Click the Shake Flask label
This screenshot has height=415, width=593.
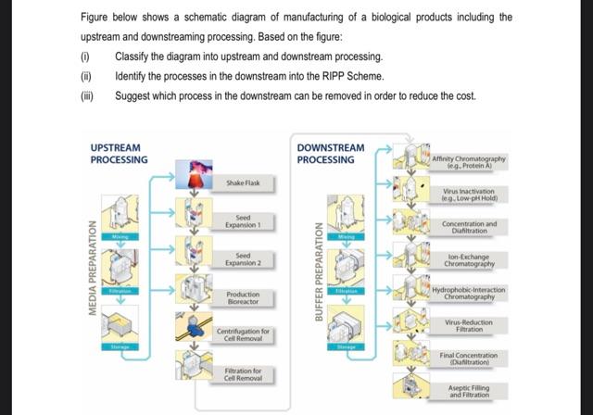coord(244,183)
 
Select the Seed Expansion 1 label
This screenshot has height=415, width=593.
coord(244,221)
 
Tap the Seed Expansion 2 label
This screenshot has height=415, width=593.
coord(244,258)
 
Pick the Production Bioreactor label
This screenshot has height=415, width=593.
coord(244,297)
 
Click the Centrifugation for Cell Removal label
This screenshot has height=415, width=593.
coord(244,334)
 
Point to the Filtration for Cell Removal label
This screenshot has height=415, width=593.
coord(244,375)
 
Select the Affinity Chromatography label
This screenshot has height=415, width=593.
coord(469,163)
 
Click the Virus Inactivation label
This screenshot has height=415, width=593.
coord(469,195)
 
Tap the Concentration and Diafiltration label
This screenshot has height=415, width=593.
coord(469,227)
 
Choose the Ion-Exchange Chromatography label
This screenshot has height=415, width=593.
coord(469,261)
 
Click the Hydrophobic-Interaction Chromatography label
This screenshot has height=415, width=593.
coord(469,293)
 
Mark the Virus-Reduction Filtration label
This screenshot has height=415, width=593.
coord(469,325)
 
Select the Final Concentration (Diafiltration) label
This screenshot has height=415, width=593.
coord(469,358)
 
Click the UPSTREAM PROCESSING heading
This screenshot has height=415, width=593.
coord(120,154)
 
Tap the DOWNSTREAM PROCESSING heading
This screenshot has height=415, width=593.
coord(331,154)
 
